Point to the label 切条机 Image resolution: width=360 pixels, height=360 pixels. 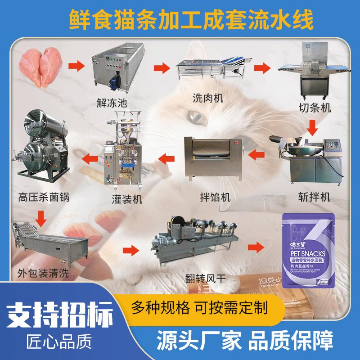(x=315, y=108)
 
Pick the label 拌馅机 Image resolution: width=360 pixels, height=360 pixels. (x=215, y=197)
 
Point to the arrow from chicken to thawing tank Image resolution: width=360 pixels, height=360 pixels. (x=77, y=66)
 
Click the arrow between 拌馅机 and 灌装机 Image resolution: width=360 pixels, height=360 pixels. (x=167, y=157)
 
